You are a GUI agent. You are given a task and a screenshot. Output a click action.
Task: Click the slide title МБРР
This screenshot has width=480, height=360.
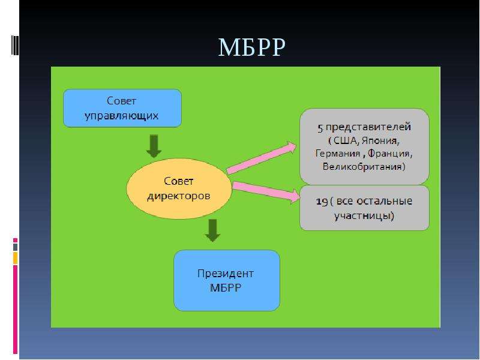tap(251, 47)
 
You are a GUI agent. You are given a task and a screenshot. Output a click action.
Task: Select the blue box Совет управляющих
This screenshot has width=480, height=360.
tap(122, 108)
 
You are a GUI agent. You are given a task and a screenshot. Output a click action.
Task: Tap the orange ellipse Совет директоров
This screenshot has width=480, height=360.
tap(179, 188)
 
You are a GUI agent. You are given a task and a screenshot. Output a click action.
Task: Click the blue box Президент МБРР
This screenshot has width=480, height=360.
tap(227, 280)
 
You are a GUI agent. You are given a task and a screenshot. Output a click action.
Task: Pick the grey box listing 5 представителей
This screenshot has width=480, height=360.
tap(364, 146)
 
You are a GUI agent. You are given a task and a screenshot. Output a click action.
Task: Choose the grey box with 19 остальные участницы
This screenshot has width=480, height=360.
tap(364, 208)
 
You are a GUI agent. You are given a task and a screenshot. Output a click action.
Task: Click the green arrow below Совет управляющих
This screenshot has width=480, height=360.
tap(154, 146)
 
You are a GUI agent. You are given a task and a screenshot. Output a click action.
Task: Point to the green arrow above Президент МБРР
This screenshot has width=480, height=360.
tap(212, 230)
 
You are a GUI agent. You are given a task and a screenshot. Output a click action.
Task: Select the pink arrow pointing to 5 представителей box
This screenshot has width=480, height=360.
tap(262, 158)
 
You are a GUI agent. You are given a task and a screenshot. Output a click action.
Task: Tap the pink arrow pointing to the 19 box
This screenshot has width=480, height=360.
tap(266, 191)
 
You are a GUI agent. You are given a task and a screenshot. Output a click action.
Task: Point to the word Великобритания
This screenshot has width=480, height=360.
tap(364, 167)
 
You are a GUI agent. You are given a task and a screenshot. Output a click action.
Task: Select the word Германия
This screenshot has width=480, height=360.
tap(338, 153)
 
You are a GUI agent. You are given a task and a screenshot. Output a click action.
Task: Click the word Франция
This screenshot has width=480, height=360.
tap(389, 153)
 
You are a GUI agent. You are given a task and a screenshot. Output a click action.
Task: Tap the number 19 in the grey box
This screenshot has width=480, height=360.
tap(322, 202)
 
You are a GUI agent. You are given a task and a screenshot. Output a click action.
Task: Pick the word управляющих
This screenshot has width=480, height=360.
tap(122, 116)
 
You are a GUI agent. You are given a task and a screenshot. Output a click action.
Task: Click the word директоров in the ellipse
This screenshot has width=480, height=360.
tap(179, 196)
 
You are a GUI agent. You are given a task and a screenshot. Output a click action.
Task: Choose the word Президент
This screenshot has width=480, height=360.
tap(226, 274)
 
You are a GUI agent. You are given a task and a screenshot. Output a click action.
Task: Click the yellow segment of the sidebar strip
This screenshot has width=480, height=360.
tap(16, 258)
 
